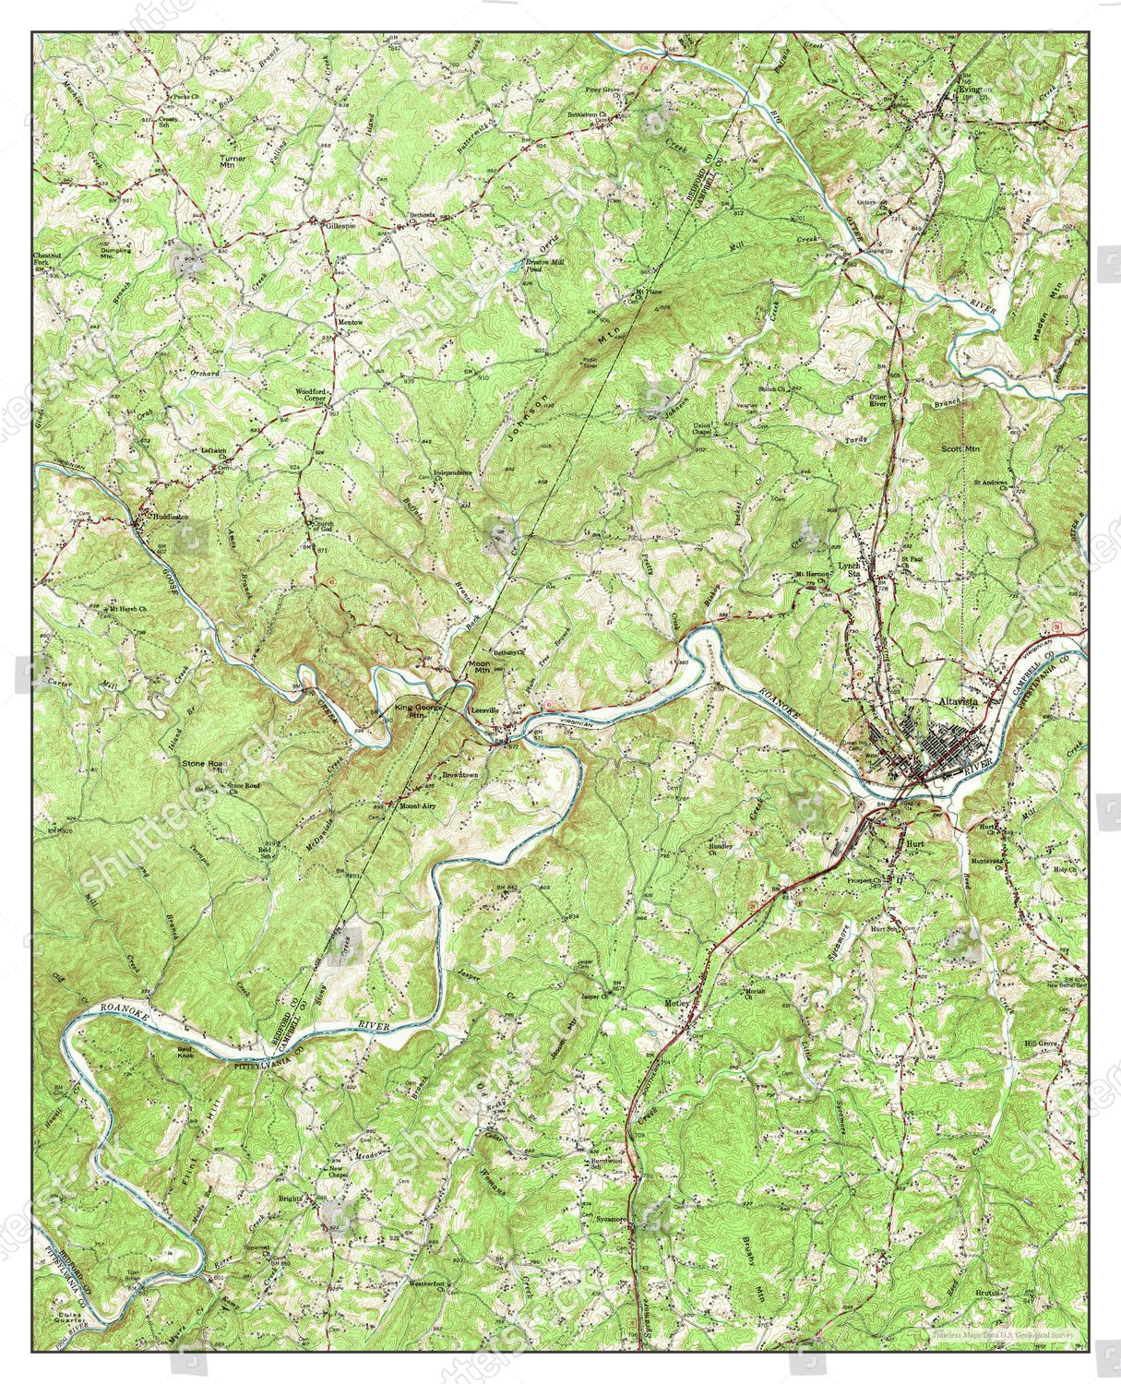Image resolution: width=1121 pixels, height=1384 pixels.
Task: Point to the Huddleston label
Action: coord(171,518)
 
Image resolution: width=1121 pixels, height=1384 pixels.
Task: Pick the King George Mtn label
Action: coord(420,711)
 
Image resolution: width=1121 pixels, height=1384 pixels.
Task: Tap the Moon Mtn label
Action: coord(480,666)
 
